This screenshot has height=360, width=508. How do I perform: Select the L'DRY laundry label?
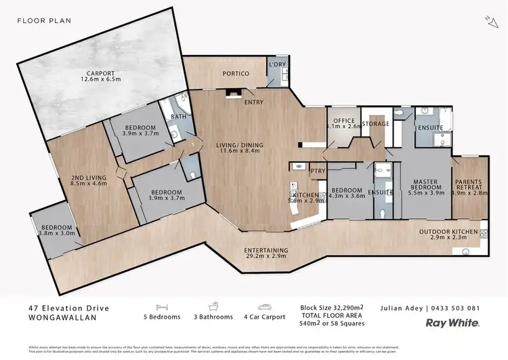[x=276, y=64]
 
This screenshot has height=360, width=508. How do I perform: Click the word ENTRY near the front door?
[x=254, y=102]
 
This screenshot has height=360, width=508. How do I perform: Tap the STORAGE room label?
[x=375, y=123]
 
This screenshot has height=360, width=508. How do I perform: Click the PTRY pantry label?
[x=318, y=172]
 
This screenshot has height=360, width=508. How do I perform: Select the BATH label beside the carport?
[x=178, y=117]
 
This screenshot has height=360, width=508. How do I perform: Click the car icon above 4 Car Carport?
[x=264, y=307]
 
